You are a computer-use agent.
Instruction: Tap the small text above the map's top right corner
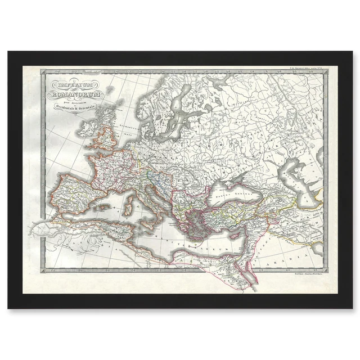tap(307, 69)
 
